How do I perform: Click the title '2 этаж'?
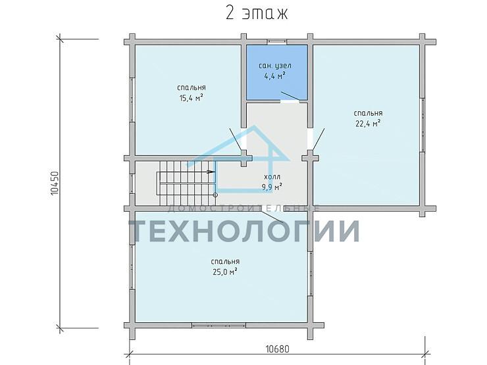point(257,14)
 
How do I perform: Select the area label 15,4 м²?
point(191,98)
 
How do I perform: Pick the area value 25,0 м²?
point(226,271)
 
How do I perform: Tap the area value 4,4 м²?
point(274,76)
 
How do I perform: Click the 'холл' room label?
point(272,177)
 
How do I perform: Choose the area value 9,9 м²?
point(272,186)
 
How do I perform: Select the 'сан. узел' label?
point(275,66)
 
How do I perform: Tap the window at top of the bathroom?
point(276,41)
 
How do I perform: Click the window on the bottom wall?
point(219,324)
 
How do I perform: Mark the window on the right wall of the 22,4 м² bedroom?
point(423,126)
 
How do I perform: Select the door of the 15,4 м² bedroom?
point(236,139)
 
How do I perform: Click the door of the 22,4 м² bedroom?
point(319,139)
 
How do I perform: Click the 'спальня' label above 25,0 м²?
point(226,261)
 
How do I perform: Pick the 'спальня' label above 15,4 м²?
point(191,87)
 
